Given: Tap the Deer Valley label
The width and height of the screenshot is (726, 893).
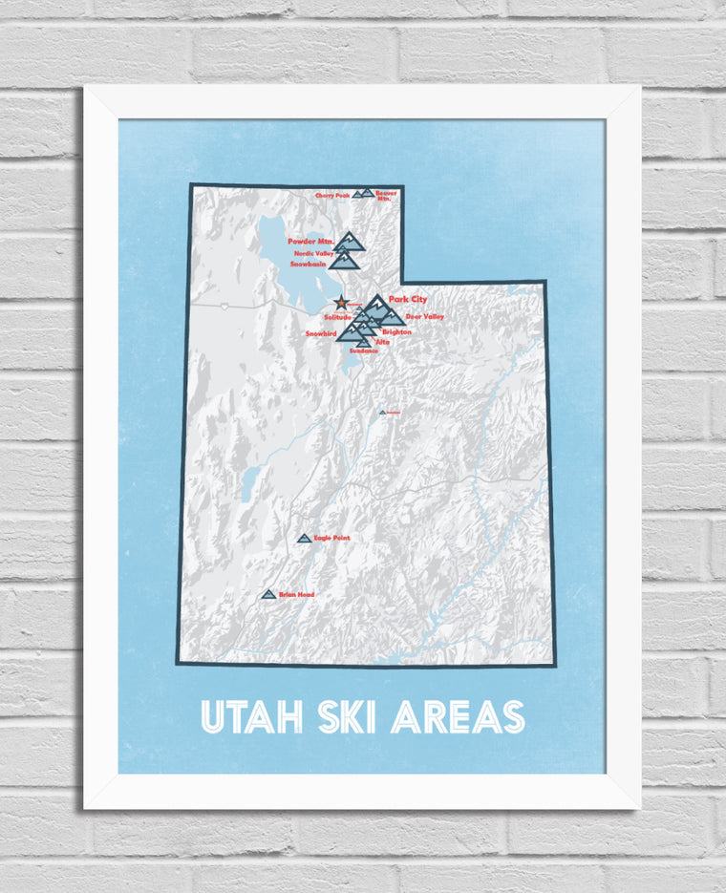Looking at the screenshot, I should pos(425,316).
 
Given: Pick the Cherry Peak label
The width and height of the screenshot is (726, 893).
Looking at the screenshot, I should pos(332,196).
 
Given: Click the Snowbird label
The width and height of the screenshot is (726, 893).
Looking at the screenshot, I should pos(321,333).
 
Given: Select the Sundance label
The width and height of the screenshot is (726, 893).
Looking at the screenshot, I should pos(364,351).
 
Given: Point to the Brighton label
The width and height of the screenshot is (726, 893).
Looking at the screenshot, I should pos(396,331).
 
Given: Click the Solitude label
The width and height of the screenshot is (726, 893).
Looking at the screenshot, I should pos(338,316).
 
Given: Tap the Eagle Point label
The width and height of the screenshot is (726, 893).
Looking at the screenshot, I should pos(331,539).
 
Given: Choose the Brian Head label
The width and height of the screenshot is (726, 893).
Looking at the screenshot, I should pos(297,595).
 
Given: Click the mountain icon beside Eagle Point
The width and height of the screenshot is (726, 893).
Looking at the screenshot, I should pos(305,539).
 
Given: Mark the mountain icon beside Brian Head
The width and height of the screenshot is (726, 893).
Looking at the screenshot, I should pos(268,594).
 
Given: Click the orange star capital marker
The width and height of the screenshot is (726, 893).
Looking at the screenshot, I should pos(342,304).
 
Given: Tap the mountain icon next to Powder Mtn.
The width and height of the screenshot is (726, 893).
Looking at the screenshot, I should pos(351,240).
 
